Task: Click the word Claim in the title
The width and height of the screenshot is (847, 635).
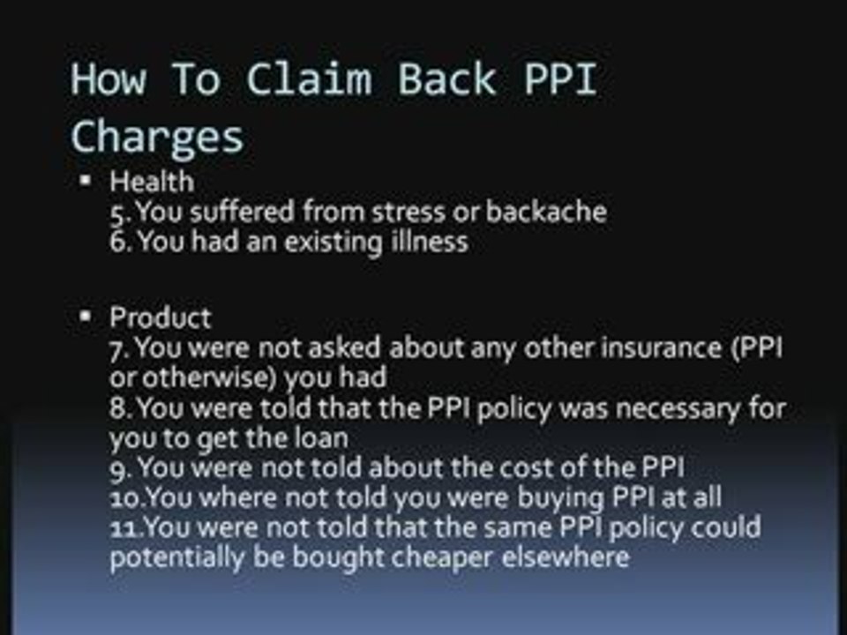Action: click(308, 80)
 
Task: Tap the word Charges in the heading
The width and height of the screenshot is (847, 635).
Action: click(157, 138)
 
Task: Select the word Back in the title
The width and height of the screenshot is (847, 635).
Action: click(447, 80)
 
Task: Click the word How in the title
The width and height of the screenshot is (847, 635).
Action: click(108, 80)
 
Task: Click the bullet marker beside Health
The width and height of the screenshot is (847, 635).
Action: click(85, 182)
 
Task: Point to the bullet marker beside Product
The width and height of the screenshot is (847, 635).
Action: click(85, 316)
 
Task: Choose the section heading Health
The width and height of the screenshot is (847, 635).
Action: click(151, 183)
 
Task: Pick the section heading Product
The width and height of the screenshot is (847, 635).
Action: click(160, 317)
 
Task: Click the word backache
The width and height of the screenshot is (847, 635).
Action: click(546, 213)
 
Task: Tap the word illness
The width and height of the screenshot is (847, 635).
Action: click(429, 242)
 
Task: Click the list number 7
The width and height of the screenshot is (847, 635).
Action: click(119, 348)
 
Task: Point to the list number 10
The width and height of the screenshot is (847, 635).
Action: click(126, 498)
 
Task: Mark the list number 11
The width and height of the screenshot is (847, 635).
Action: click(126, 528)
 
